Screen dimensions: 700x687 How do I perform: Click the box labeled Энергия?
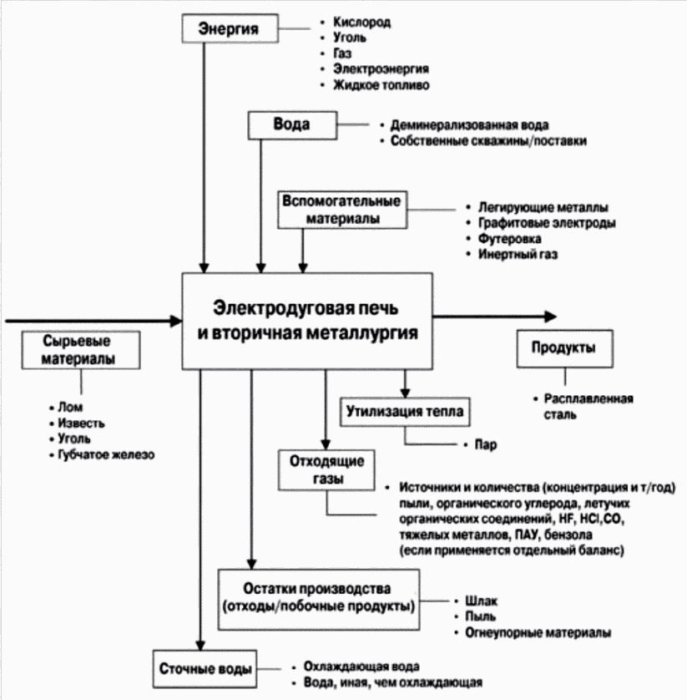(228, 28)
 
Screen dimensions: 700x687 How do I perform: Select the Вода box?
(291, 125)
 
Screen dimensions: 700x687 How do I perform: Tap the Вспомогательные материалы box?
(341, 210)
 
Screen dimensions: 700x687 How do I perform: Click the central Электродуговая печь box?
(307, 319)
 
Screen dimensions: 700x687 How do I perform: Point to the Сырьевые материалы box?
(81, 352)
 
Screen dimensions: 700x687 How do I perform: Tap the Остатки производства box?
(319, 595)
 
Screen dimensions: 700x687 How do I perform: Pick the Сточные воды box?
(205, 669)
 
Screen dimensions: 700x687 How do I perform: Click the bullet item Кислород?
(361, 22)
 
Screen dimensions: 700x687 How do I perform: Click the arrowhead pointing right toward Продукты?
(548, 316)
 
